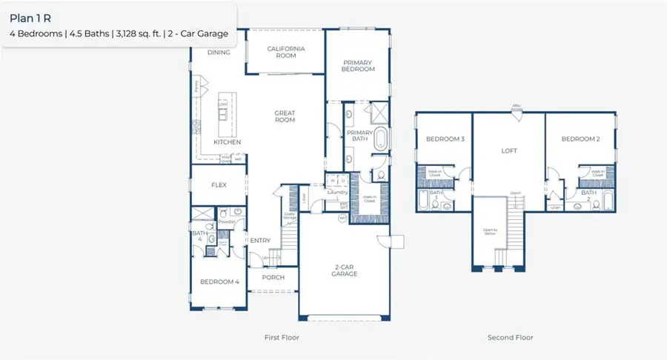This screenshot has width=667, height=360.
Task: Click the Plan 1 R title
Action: [30, 18]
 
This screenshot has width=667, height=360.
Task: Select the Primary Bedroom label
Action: [358, 65]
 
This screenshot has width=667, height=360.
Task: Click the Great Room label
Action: [285, 117]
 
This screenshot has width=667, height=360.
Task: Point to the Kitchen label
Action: [228, 141]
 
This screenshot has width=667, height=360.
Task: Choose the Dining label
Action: [219, 53]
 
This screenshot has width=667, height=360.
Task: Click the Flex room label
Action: [219, 185]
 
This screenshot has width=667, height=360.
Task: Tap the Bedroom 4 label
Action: [220, 281]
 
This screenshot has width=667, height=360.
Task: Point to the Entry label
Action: [260, 240]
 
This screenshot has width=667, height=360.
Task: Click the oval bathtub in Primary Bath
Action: [379, 139]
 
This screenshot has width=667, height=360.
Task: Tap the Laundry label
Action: [338, 193]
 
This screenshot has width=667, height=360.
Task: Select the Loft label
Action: [508, 150]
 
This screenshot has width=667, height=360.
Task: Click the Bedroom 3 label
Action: [445, 139]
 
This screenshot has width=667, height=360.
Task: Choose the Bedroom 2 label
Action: [580, 139]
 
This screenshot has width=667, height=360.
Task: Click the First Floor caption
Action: [282, 338]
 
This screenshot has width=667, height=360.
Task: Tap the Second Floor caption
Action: [510, 338]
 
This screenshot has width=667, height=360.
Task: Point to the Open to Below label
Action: [489, 231]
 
